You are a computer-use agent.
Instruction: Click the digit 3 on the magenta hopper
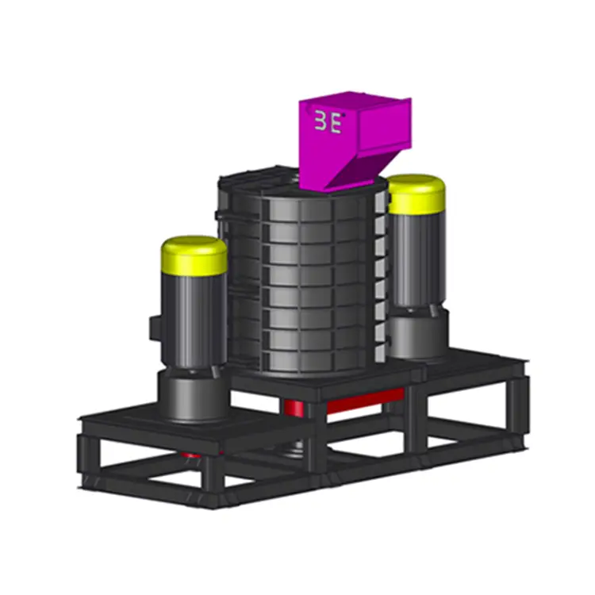[322, 125]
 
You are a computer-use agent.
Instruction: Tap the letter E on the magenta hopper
[336, 125]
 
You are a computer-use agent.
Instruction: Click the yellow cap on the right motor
[416, 194]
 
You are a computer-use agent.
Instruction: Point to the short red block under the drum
[294, 406]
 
